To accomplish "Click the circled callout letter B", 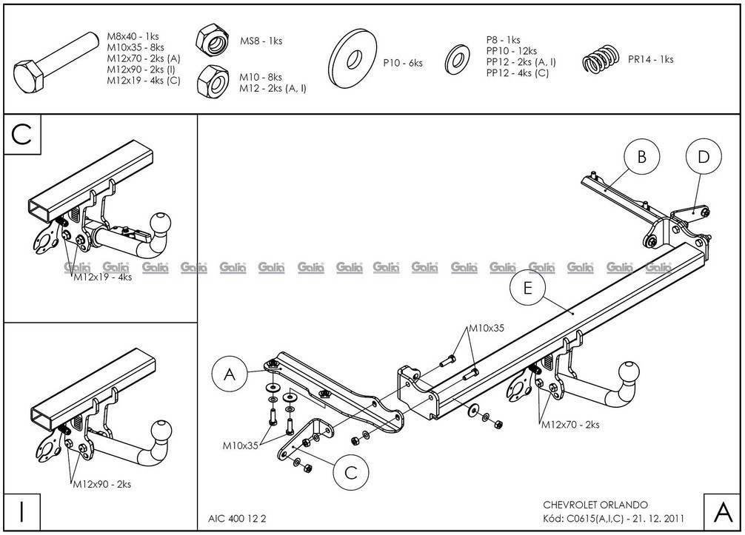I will pos(642,157).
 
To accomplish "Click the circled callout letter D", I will pos(704,157).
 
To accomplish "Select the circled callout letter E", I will pos(527,289).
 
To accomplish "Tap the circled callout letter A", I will pos(230,376).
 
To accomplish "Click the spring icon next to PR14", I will pos(599,59).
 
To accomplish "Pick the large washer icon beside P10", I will pos(353,60).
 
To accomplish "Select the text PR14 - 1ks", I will pos(650,59).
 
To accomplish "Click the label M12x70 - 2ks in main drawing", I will pos(570,425).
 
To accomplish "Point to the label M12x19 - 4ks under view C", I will pos(102,277).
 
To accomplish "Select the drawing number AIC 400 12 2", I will pos(233,518).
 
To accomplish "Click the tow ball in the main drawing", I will pos(629,373).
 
